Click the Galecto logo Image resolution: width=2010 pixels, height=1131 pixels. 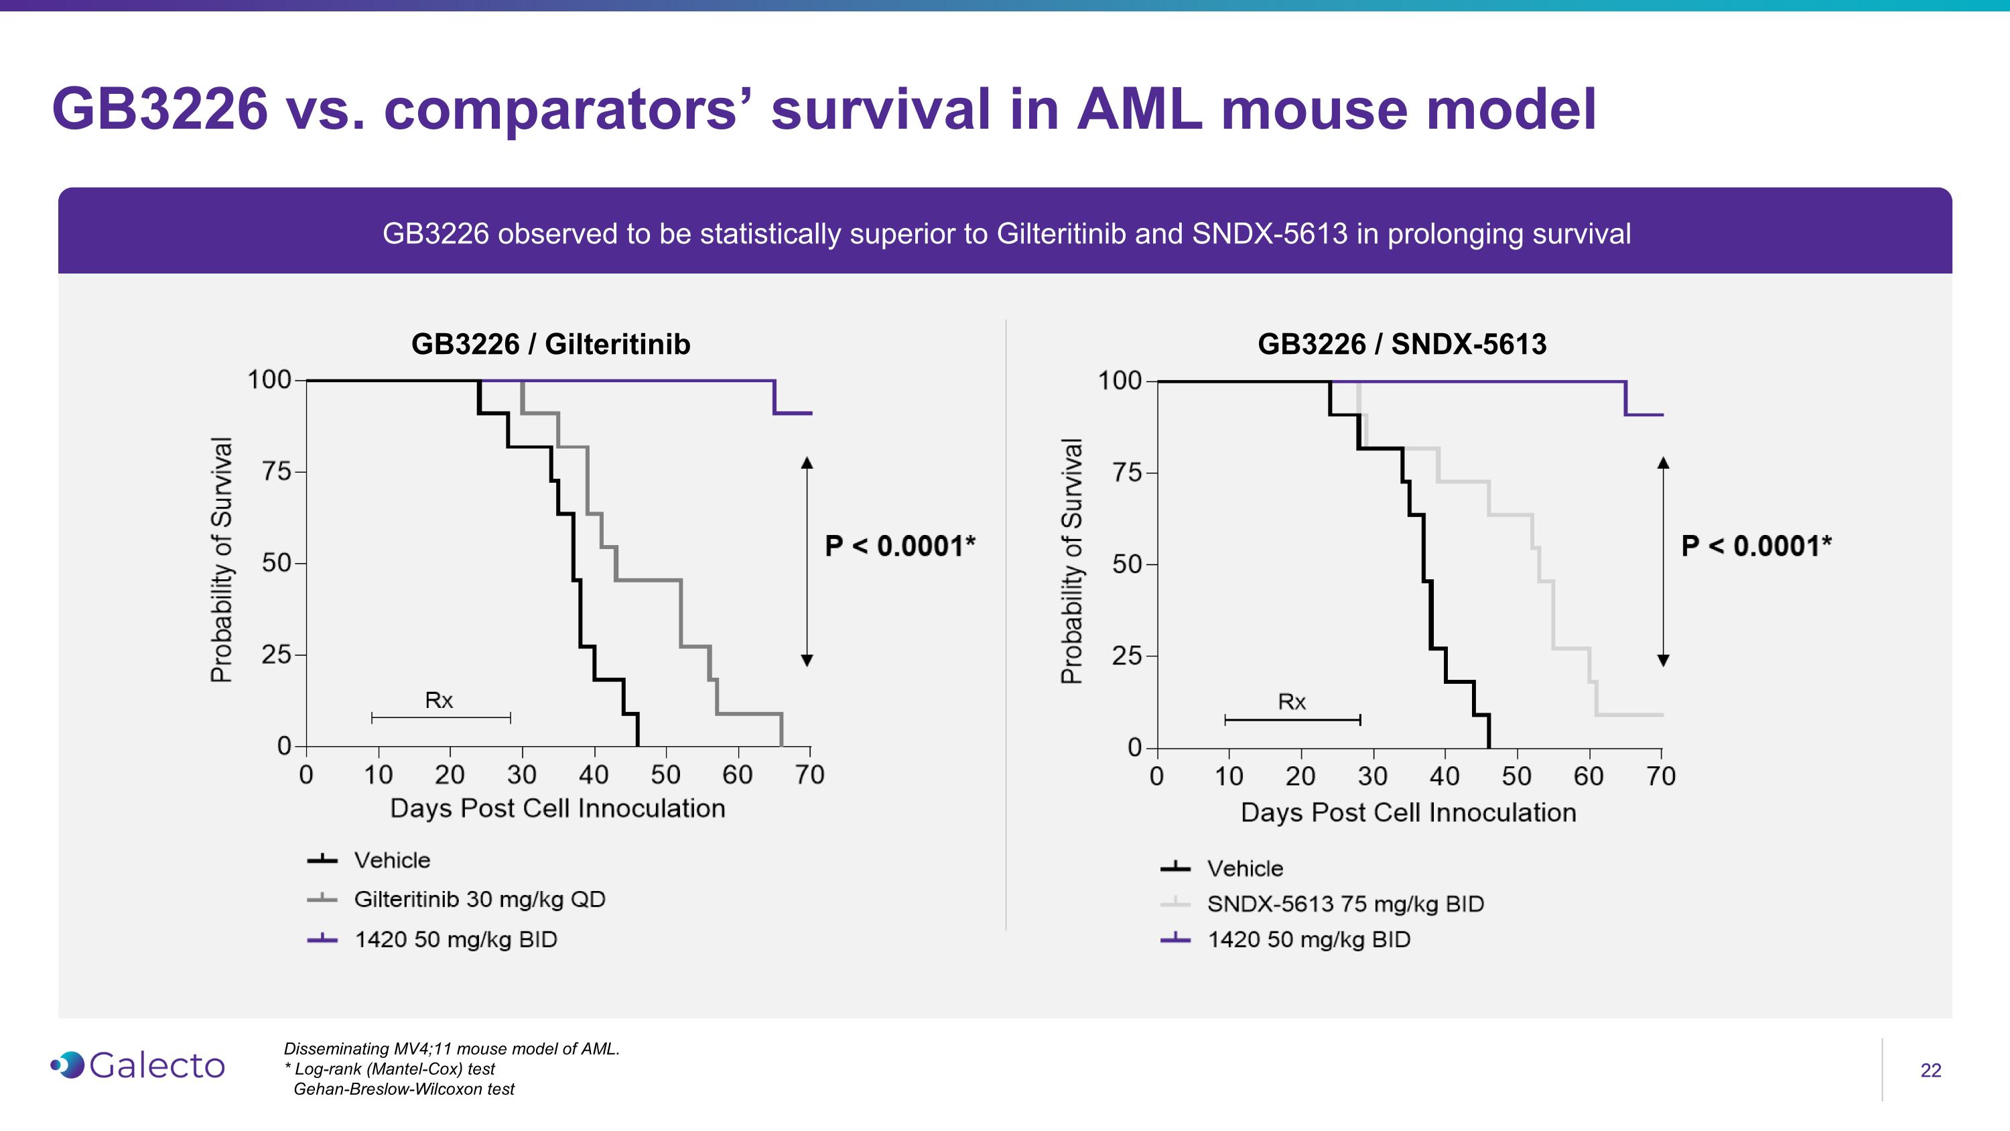click(x=138, y=1065)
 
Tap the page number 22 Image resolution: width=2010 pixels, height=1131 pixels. click(x=1930, y=1070)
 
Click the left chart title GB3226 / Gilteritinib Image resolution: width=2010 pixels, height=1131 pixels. click(x=550, y=344)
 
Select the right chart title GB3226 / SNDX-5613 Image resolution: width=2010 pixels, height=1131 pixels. click(x=1402, y=344)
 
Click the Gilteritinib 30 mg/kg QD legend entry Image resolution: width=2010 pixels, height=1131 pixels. click(x=478, y=899)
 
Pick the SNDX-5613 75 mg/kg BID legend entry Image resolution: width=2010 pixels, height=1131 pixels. click(x=1345, y=904)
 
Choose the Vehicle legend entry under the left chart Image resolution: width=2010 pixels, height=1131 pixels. click(x=392, y=860)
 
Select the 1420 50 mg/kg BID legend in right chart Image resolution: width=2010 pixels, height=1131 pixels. click(x=1309, y=939)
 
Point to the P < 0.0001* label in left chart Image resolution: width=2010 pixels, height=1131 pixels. click(x=900, y=546)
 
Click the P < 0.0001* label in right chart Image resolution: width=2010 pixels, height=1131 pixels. click(x=1755, y=546)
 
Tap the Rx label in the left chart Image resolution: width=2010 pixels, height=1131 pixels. click(x=439, y=700)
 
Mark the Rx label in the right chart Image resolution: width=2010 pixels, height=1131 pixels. click(x=1291, y=702)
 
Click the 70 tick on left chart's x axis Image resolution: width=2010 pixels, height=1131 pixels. click(x=809, y=774)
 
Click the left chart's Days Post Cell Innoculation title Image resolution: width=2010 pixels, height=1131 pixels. click(x=557, y=808)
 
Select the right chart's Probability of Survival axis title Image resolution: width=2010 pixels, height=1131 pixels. click(x=1071, y=560)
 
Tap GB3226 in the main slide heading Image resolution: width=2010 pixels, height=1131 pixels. click(x=160, y=109)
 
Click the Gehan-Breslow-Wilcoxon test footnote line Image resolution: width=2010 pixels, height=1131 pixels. click(x=403, y=1089)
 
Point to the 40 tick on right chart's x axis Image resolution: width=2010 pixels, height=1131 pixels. click(x=1445, y=776)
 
